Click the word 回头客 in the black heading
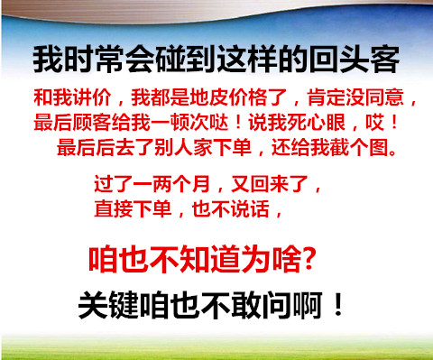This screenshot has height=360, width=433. (355, 60)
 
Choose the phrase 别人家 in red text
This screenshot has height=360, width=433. (183, 147)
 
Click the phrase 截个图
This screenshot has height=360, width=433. (359, 147)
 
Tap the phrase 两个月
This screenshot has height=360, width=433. (181, 184)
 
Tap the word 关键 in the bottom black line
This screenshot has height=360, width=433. (109, 305)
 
